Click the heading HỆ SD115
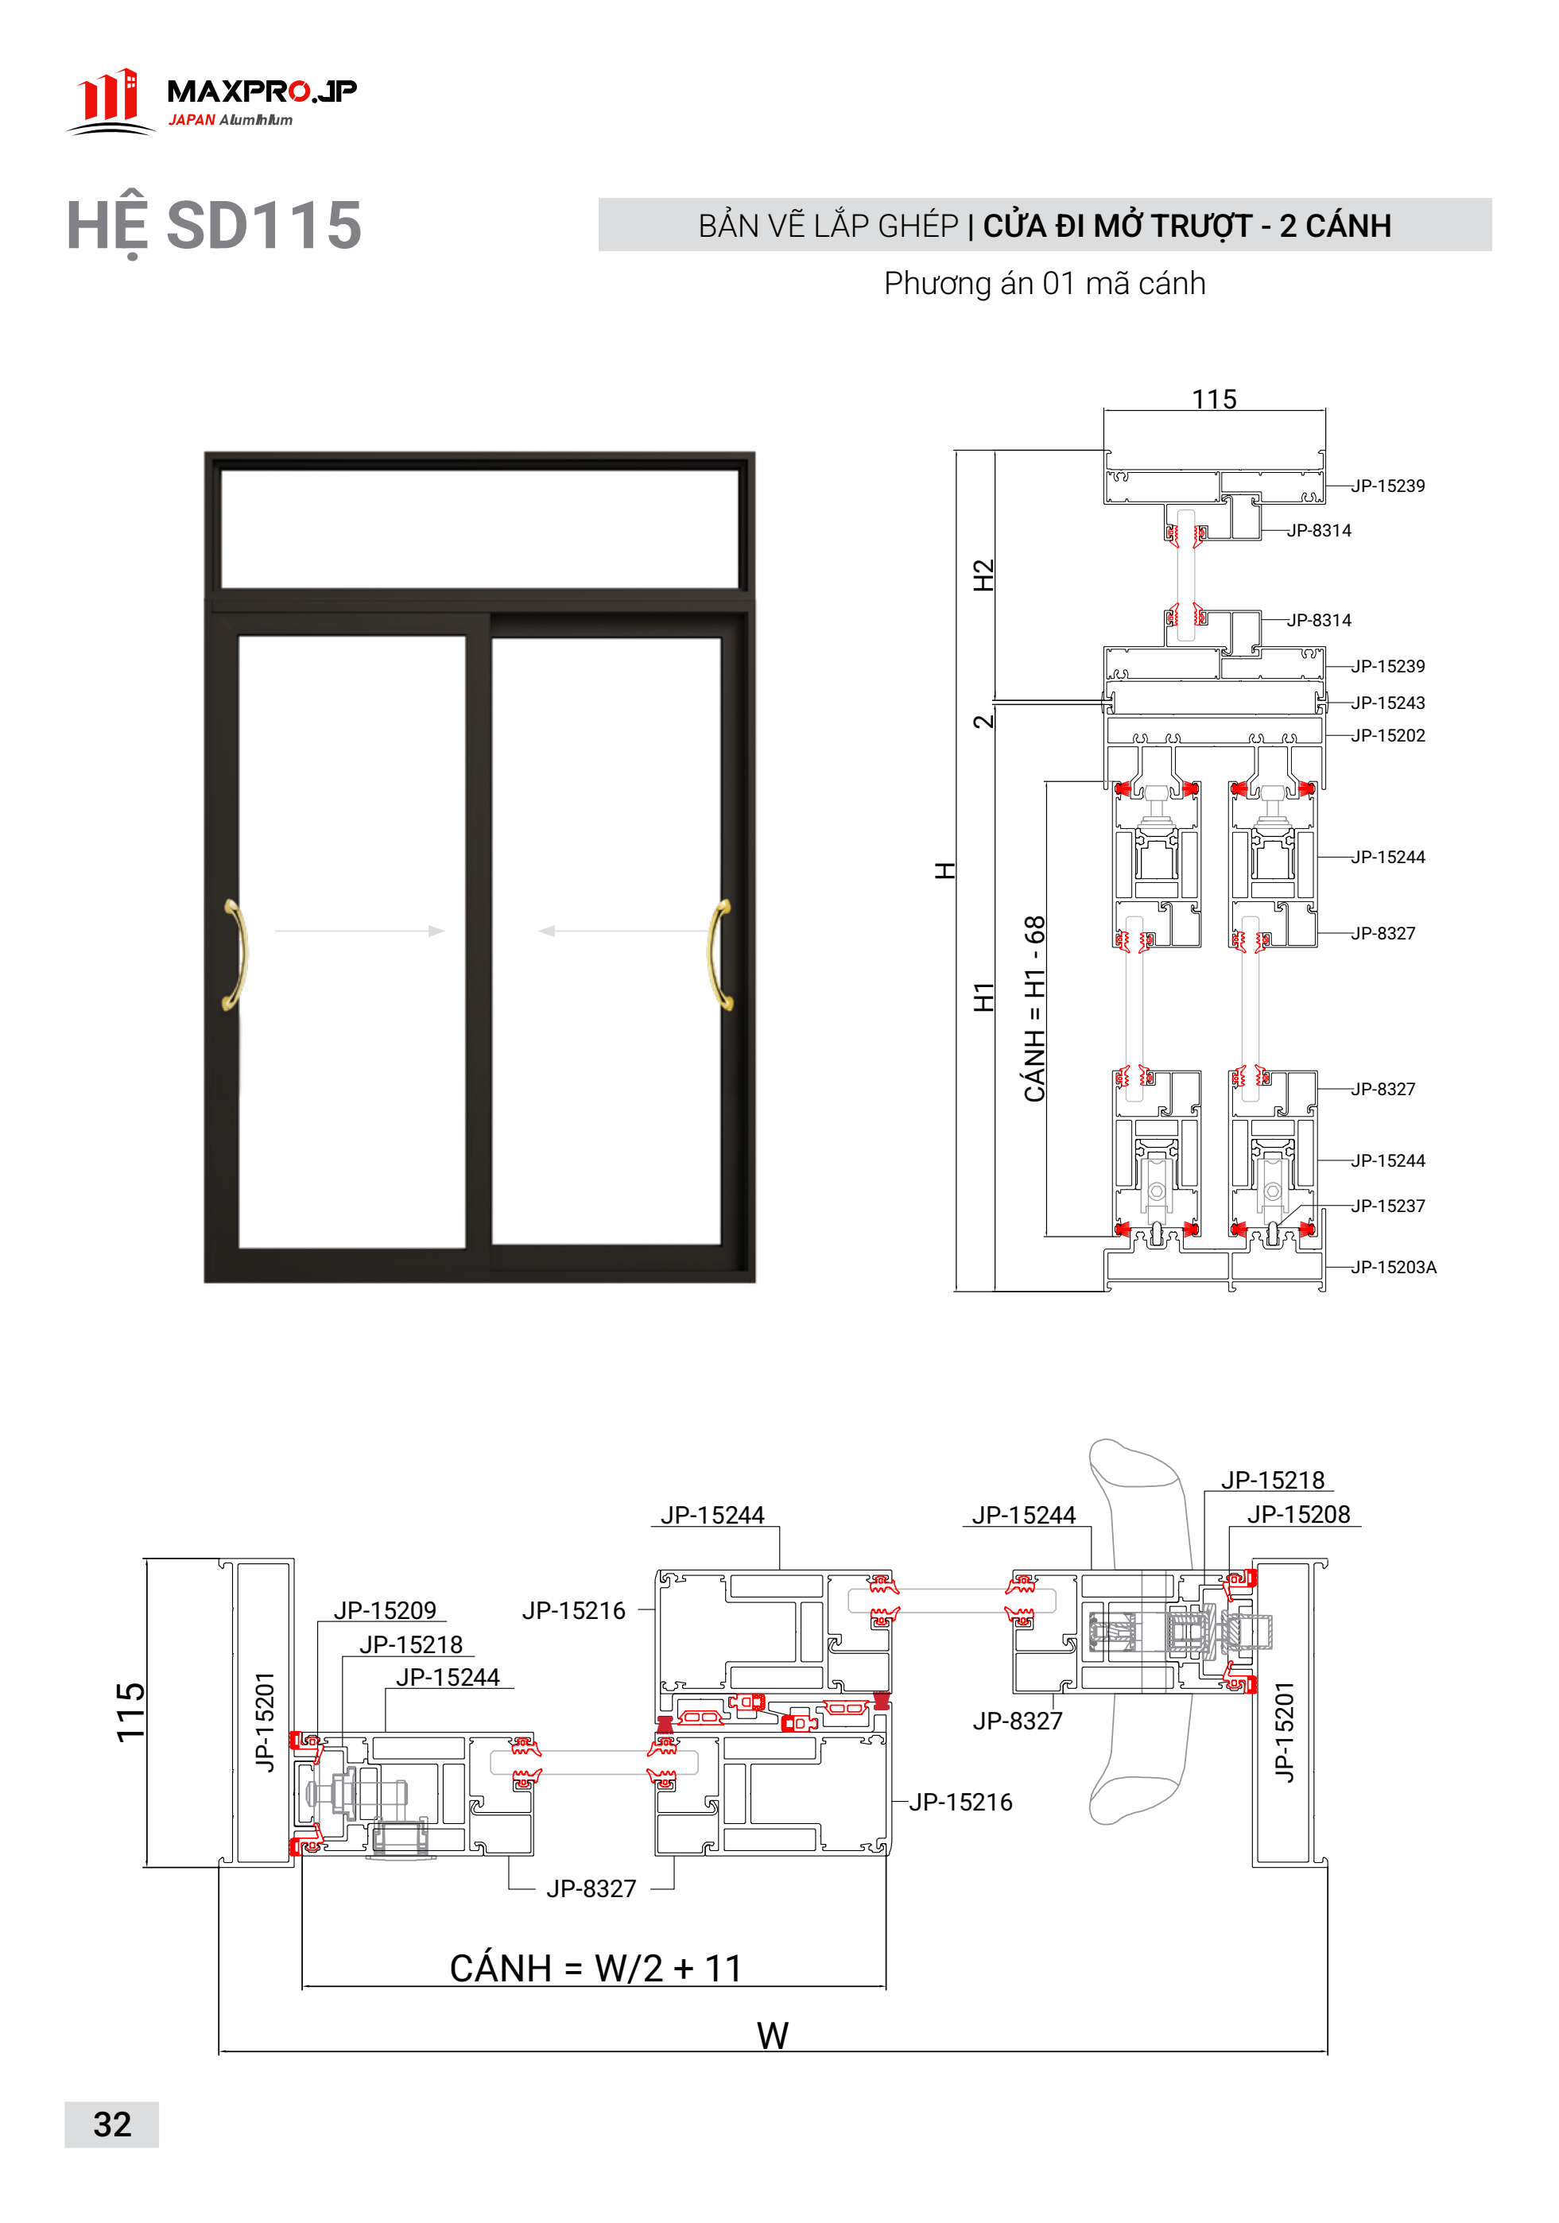(214, 227)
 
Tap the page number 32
(112, 2124)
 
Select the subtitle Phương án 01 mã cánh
(1044, 284)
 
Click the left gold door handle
(235, 955)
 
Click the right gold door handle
(721, 955)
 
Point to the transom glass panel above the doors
(479, 529)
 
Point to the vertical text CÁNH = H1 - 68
(1034, 1009)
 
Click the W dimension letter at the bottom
(773, 2035)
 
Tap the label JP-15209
(386, 1611)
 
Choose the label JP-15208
(1298, 1514)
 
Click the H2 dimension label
(983, 575)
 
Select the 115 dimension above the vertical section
(1214, 399)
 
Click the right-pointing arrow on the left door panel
(359, 931)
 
